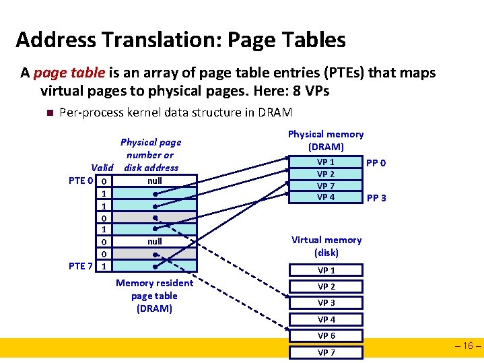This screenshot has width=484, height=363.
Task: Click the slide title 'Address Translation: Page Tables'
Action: tap(180, 40)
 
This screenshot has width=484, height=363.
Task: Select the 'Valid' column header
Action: tap(102, 168)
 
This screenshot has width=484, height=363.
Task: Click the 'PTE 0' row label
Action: tap(81, 180)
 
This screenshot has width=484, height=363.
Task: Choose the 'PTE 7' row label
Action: tap(81, 266)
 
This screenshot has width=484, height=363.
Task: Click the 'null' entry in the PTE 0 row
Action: tap(154, 180)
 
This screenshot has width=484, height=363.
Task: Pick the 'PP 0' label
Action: tap(376, 163)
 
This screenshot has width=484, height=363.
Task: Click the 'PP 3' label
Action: tap(376, 199)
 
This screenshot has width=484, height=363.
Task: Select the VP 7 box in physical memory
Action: tap(326, 186)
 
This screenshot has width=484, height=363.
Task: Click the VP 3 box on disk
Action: tap(326, 303)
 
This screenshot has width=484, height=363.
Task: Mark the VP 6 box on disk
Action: tap(326, 335)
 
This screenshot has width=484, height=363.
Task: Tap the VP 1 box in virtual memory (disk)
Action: tap(326, 270)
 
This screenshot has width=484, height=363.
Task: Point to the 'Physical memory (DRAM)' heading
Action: tap(326, 140)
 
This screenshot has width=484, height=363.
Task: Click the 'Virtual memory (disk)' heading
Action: tap(326, 246)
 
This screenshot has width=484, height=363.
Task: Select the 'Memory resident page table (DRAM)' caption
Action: tap(154, 296)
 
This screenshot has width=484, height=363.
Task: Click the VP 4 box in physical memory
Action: tap(326, 197)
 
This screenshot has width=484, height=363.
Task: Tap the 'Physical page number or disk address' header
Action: tap(151, 155)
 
